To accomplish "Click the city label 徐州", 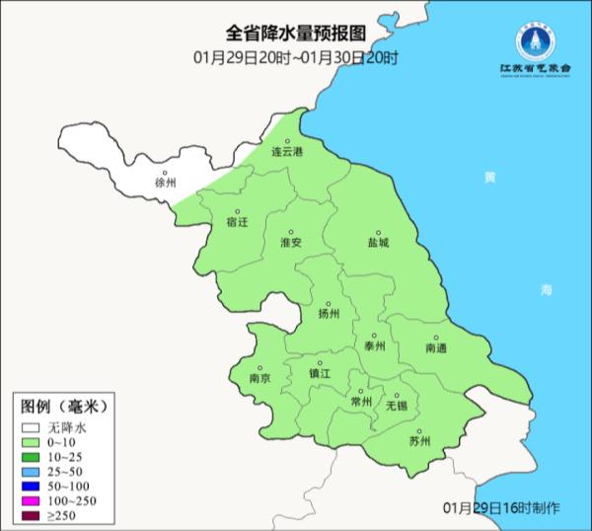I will (165, 184).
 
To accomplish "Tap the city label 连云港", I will (288, 152).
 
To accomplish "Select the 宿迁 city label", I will (237, 222).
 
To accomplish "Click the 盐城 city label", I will (378, 242).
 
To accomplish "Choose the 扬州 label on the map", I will (329, 314).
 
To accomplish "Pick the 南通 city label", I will (436, 348).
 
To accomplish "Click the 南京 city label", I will (259, 377).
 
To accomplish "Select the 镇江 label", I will (321, 373).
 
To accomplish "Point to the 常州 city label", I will (362, 402).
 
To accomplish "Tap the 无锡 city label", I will (396, 405).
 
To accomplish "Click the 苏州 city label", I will (419, 441).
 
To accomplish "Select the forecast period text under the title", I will (296, 59).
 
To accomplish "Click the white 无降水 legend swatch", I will (30, 428).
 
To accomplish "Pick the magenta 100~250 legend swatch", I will (30, 502).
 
